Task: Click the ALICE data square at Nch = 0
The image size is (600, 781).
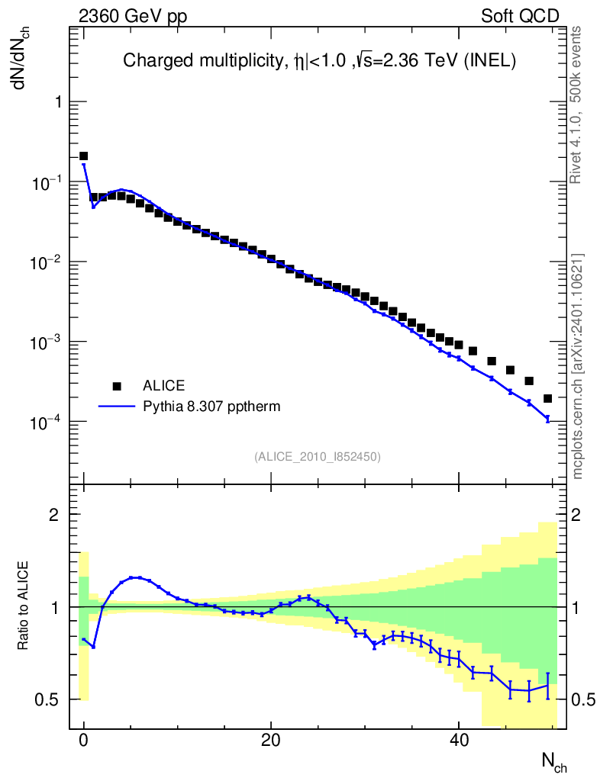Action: point(84,156)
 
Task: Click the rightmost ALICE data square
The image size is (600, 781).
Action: point(547,398)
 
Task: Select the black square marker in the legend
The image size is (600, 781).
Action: point(117,385)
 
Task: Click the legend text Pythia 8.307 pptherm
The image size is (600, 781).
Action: point(212,407)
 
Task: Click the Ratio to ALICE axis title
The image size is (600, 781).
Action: point(23,606)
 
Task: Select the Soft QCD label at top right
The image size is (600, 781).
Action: point(520,16)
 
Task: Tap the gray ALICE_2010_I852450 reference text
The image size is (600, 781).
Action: point(318,456)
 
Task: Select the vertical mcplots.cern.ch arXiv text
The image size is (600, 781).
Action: point(578,366)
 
